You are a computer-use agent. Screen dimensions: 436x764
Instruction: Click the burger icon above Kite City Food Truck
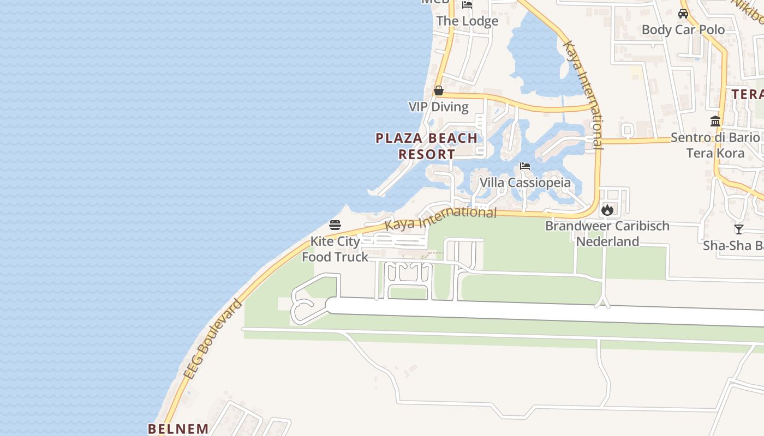pos(335,225)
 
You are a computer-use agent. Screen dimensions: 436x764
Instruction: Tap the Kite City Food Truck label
pos(335,249)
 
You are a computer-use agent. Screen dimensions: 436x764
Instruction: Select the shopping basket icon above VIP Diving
pos(438,90)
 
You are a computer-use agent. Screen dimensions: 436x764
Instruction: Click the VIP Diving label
pos(438,107)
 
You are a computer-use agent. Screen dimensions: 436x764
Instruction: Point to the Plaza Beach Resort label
pos(427,146)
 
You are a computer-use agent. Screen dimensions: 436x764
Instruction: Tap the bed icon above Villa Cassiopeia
pos(525,166)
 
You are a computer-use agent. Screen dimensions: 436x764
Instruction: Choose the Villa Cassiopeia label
pos(525,183)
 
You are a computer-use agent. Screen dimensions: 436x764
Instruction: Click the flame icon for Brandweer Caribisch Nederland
pos(607,210)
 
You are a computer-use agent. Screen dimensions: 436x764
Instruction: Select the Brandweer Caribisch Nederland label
pos(607,233)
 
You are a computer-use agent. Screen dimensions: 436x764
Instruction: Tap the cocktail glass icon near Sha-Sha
pos(738,229)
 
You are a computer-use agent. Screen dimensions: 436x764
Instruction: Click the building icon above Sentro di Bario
pos(715,121)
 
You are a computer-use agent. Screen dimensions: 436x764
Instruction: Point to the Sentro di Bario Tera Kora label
pos(715,145)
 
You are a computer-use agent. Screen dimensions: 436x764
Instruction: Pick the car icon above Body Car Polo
pos(683,14)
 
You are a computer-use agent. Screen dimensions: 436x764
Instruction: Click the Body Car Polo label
pos(683,29)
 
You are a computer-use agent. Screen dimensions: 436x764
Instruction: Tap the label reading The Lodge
pos(467,21)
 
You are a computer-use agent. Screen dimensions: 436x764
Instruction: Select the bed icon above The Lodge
pos(467,5)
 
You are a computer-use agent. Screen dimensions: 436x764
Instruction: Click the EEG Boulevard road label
pos(212,340)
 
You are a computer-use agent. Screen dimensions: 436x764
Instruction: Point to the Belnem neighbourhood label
pos(178,428)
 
